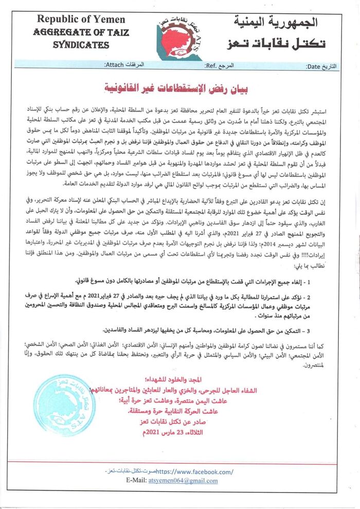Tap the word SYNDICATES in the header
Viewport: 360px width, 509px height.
(81, 45)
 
